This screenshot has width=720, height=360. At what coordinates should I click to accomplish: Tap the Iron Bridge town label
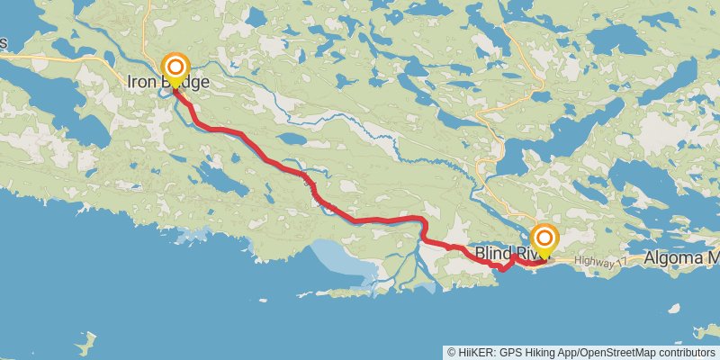[x=168, y=83]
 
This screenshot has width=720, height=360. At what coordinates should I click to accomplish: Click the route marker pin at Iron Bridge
[x=175, y=68]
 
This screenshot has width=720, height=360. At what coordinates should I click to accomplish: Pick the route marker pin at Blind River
[x=544, y=239]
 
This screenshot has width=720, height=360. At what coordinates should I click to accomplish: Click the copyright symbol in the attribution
[x=452, y=353]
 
